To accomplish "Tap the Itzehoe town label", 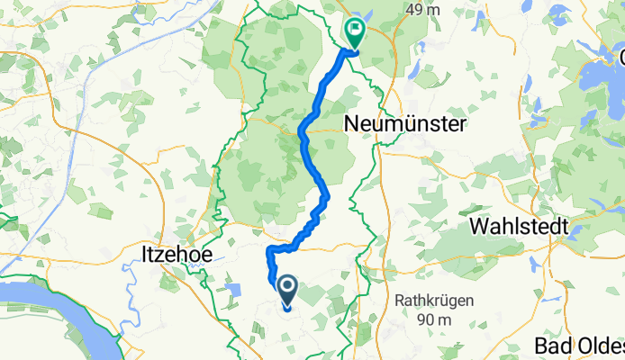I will (x=177, y=255).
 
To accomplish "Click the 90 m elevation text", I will (x=432, y=319).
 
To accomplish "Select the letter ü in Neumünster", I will (x=419, y=122).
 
